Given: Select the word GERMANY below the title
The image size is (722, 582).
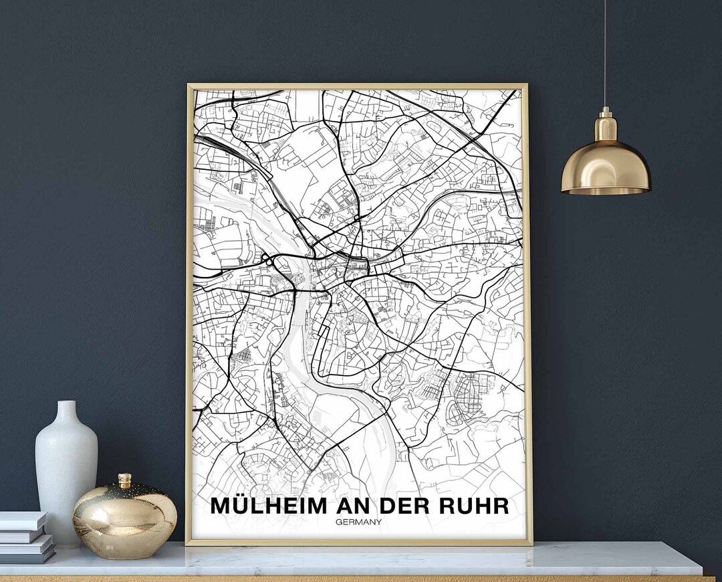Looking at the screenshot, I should coord(359,522).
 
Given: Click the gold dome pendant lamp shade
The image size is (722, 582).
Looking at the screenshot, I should coord(606,167).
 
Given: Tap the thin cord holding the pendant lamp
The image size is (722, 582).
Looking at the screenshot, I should coord(606,54).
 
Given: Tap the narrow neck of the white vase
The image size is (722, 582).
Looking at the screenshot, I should coord(66,411).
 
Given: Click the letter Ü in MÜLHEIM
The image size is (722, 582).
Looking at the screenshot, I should coord(240,505).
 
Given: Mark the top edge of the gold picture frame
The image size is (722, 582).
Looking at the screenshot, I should coord(358,86).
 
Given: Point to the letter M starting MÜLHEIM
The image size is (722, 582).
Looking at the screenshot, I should coord(221,506).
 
